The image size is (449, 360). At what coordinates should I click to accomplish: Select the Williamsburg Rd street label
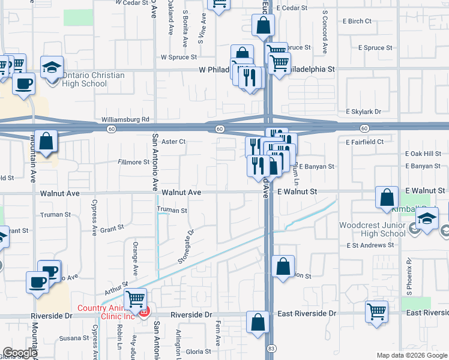click(x=125, y=120)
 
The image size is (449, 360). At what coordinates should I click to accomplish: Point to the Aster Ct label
click(x=174, y=142)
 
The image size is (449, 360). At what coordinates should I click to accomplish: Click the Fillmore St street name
click(x=133, y=162)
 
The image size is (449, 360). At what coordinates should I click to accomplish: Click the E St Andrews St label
click(x=370, y=245)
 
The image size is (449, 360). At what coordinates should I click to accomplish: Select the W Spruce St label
click(x=179, y=58)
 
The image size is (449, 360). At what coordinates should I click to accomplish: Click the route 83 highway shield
click(x=272, y=348)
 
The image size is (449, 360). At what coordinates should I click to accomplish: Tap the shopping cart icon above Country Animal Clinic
click(x=136, y=298)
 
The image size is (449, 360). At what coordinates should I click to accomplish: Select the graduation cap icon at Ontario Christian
click(x=52, y=67)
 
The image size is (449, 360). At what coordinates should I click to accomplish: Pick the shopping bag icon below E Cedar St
click(x=263, y=25)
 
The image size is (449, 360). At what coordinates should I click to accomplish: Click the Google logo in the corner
click(x=20, y=353)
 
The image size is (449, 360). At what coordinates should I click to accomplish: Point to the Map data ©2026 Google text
click(x=411, y=355)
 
